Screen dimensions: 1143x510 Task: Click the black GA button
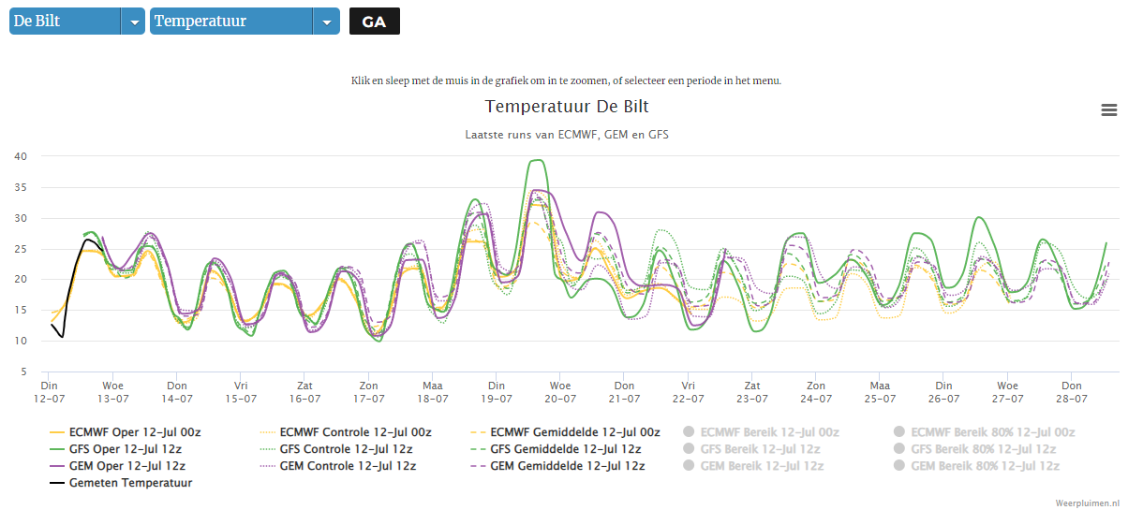tap(374, 22)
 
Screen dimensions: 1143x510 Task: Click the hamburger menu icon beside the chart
tap(1109, 110)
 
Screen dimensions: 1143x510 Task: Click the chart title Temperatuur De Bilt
tap(567, 107)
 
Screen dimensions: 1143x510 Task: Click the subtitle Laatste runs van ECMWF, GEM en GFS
tap(567, 135)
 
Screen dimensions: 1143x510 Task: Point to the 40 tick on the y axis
tap(21, 156)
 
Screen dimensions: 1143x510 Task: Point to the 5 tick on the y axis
tap(24, 372)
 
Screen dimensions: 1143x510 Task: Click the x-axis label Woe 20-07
tap(560, 392)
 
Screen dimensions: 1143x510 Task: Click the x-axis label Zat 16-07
tap(304, 392)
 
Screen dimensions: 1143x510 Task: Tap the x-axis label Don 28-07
tap(1072, 392)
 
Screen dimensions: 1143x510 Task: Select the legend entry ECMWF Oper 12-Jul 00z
tap(125, 432)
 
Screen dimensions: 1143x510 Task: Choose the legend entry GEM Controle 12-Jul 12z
tap(338, 466)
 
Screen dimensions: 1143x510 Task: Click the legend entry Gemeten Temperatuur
tap(121, 483)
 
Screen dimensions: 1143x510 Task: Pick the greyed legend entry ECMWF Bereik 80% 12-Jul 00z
tap(985, 432)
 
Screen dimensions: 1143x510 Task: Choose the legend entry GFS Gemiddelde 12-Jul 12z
tap(556, 449)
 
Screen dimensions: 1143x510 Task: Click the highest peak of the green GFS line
tap(538, 161)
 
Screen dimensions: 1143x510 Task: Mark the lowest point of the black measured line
tap(62, 337)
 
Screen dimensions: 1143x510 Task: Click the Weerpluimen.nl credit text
tap(1087, 503)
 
